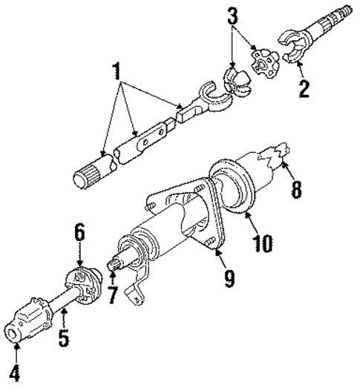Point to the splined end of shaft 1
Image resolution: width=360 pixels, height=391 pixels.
(87, 179)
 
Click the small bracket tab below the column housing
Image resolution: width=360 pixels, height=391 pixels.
(137, 297)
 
